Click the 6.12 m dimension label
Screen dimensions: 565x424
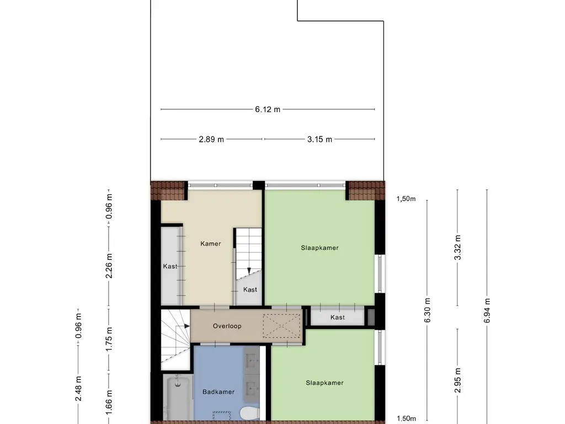(268, 109)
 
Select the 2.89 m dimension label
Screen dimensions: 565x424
(211, 139)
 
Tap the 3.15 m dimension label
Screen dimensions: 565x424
(319, 139)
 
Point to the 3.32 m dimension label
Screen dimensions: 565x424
(457, 247)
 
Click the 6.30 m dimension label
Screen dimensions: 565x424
(428, 310)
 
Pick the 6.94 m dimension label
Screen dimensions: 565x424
(487, 310)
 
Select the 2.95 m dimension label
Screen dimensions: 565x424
(457, 380)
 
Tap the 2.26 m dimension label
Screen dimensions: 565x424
(109, 266)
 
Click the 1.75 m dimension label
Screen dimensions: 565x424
(109, 338)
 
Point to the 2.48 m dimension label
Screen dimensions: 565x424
(78, 388)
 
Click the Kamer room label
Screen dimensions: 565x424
(211, 243)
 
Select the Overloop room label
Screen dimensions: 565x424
(227, 326)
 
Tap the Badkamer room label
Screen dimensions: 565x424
(218, 392)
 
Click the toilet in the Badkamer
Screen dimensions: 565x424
(250, 412)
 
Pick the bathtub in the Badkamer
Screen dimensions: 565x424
(178, 397)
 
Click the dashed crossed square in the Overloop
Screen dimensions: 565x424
(281, 326)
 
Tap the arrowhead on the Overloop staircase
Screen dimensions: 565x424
(187, 326)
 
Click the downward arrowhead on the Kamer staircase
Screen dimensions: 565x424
(249, 271)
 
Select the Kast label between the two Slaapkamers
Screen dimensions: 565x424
(338, 317)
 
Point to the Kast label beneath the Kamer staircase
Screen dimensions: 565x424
(250, 289)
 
